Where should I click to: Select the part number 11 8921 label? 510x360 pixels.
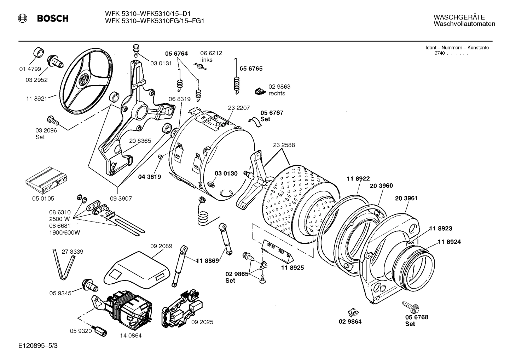(36, 99)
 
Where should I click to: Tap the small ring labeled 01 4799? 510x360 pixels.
(38, 52)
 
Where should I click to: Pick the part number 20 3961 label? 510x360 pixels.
(406, 198)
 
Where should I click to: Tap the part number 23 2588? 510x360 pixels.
(284, 145)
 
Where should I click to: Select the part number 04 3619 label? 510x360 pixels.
(149, 177)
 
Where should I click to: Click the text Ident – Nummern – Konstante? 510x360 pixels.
(457, 48)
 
